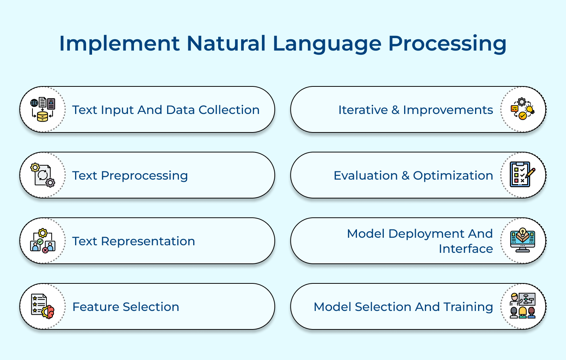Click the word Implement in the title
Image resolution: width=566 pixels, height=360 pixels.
click(119, 43)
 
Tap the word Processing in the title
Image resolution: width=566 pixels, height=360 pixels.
click(447, 43)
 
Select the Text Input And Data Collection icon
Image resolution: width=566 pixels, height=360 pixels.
click(43, 109)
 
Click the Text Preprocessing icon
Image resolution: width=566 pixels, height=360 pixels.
click(43, 175)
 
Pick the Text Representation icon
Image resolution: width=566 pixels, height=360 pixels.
click(43, 241)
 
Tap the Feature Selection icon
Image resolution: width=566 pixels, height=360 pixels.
click(43, 306)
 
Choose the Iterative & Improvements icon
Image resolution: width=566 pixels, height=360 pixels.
click(523, 109)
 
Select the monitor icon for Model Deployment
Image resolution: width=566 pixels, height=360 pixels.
click(523, 240)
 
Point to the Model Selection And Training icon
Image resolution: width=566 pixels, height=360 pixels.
click(523, 306)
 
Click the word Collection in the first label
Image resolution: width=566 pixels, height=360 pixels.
click(229, 110)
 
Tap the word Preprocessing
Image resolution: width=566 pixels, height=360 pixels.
click(144, 176)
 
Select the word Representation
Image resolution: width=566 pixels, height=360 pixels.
click(148, 242)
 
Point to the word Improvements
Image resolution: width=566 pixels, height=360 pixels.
click(448, 110)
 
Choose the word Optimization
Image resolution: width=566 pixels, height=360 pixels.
click(453, 176)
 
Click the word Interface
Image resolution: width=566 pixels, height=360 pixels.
click(466, 249)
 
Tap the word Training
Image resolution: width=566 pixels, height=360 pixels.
click(468, 307)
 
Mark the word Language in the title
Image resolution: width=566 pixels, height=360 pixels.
click(327, 43)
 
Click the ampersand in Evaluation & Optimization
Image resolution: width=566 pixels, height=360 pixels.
click(405, 176)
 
